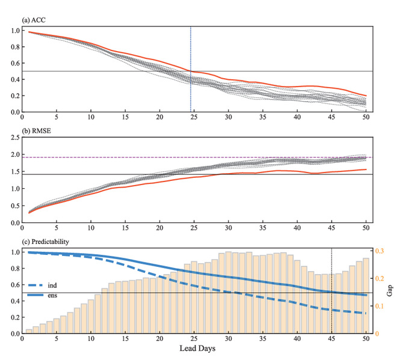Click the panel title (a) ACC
pyautogui.click(x=35, y=20)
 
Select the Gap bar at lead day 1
pyautogui.click(x=29, y=331)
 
